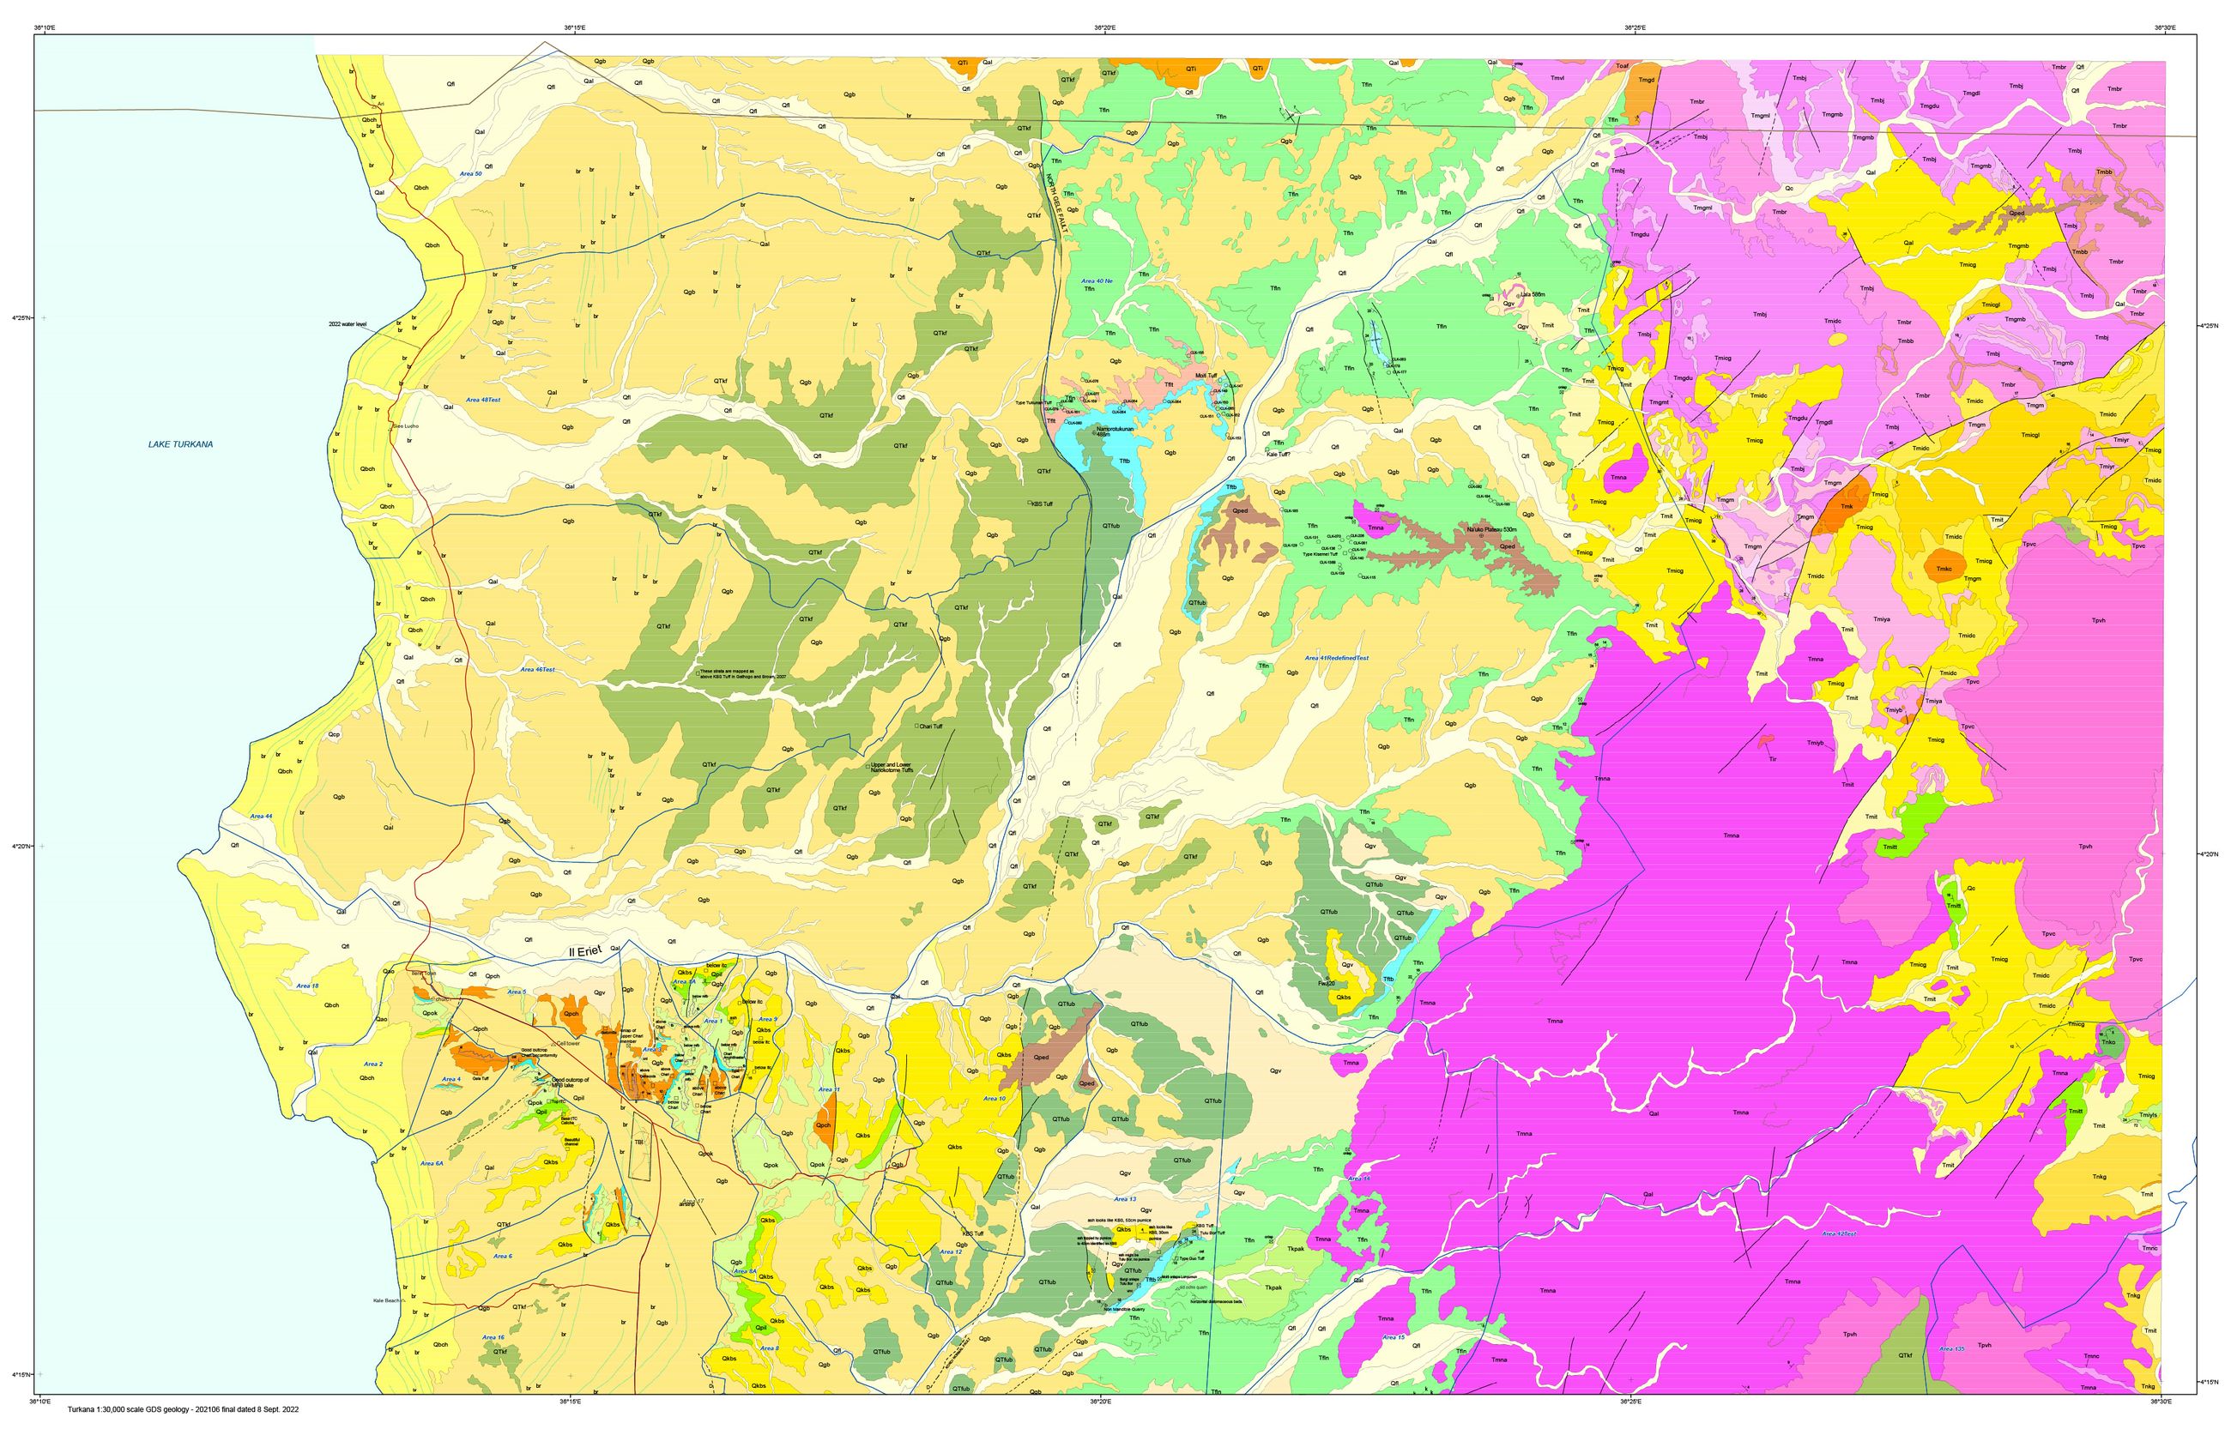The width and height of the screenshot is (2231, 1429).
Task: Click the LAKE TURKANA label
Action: click(180, 444)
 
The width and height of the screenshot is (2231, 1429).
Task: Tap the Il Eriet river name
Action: click(584, 951)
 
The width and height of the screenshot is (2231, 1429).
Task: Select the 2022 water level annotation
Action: click(348, 325)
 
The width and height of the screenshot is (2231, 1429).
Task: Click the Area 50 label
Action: click(470, 173)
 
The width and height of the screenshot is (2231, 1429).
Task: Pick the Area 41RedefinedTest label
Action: click(1336, 658)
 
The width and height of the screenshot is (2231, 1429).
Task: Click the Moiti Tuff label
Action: click(1206, 376)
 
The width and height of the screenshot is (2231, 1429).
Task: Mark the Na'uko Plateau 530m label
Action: click(1490, 530)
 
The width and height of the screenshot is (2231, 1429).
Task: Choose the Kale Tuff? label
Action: click(1278, 455)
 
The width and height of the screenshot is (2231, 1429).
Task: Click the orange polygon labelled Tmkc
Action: click(1944, 569)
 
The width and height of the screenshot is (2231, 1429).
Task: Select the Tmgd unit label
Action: click(1647, 80)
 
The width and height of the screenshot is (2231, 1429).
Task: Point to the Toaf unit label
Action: click(1623, 66)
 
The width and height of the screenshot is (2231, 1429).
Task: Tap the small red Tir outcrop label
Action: click(1773, 759)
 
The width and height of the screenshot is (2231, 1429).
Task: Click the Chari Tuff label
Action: click(930, 727)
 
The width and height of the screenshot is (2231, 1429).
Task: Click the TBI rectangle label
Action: click(638, 1143)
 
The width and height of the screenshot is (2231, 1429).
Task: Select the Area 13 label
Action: click(1125, 1199)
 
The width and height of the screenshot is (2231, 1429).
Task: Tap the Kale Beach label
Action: click(385, 1300)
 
